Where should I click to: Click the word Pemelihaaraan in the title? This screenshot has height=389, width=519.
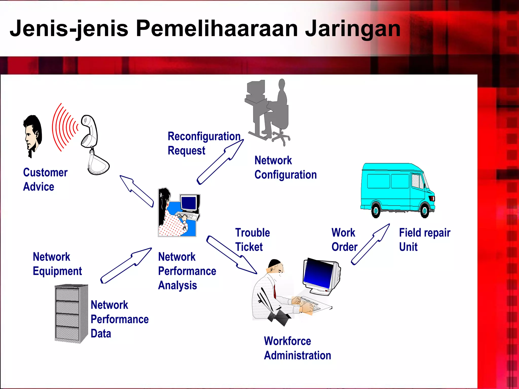217,28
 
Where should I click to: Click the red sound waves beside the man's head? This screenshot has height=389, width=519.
63,127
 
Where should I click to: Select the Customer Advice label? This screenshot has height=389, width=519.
45,179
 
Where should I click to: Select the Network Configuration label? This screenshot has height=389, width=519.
285,167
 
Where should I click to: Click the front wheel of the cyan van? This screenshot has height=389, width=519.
424,210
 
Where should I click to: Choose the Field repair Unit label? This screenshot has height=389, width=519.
424,239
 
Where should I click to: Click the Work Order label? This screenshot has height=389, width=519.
344,239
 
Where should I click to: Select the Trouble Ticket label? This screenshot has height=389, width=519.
252,239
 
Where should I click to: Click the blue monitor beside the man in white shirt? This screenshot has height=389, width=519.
321,276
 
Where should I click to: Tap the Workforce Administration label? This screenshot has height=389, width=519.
297,348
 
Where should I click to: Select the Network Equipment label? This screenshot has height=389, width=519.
57,264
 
